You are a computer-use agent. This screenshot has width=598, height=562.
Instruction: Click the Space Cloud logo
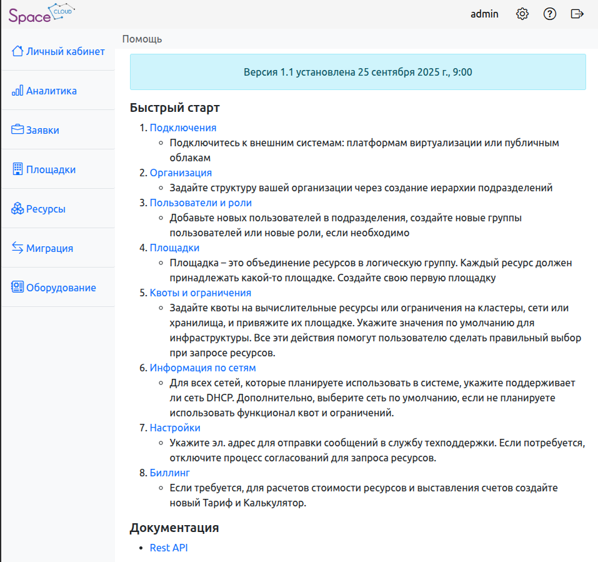pyautogui.click(x=41, y=14)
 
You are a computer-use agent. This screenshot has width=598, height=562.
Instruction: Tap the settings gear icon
pyautogui.click(x=522, y=14)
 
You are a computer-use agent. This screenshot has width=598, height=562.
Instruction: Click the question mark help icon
pyautogui.click(x=550, y=14)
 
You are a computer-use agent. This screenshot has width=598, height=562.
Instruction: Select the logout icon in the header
pyautogui.click(x=577, y=14)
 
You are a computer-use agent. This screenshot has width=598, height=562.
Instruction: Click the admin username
pyautogui.click(x=484, y=14)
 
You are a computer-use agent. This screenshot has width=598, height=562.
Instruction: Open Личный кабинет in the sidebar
pyautogui.click(x=58, y=51)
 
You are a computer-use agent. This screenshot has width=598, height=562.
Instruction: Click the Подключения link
pyautogui.click(x=182, y=128)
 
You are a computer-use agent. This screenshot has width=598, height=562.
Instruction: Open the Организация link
pyautogui.click(x=181, y=173)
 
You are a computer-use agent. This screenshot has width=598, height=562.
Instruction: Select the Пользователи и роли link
pyautogui.click(x=201, y=203)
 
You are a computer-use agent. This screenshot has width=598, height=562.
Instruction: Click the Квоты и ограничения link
pyautogui.click(x=200, y=293)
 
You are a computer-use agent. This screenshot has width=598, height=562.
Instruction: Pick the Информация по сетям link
pyautogui.click(x=202, y=368)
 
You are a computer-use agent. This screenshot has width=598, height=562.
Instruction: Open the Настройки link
pyautogui.click(x=175, y=428)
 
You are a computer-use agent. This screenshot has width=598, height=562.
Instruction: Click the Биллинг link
pyautogui.click(x=169, y=473)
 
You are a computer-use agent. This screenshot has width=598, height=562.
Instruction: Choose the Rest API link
pyautogui.click(x=169, y=548)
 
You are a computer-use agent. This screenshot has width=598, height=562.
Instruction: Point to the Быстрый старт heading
pyautogui.click(x=174, y=107)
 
